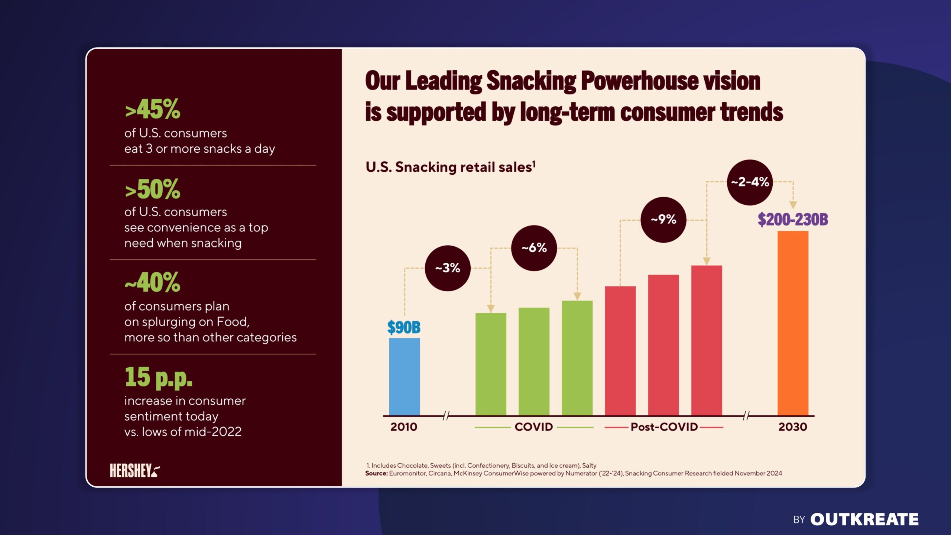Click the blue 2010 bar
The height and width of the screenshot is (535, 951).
pos(404,376)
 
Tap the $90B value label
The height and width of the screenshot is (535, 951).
pos(404,327)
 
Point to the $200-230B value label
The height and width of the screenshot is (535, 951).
pos(793,219)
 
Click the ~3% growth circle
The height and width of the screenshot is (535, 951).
pos(448,268)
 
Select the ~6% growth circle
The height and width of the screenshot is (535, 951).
pos(534,248)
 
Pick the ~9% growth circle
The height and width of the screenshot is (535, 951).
pos(663,220)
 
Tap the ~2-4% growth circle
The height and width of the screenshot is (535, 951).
pos(750,182)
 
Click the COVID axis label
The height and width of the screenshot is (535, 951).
pos(533,427)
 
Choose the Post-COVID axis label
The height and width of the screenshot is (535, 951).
pos(664,427)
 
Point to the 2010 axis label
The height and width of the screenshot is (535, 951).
pos(404,427)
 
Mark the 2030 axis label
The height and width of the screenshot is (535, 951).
pos(793,427)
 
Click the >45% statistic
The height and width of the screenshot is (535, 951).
pos(153,110)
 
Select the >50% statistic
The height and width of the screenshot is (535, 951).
pos(153,189)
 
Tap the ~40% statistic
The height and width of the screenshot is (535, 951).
pos(153,283)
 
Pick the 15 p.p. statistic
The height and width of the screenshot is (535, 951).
pos(159,377)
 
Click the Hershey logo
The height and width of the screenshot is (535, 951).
pos(134,470)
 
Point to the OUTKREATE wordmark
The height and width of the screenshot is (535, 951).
pos(864,519)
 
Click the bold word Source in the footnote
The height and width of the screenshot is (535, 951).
pos(376,473)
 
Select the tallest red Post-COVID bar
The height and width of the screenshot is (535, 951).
pos(706,340)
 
